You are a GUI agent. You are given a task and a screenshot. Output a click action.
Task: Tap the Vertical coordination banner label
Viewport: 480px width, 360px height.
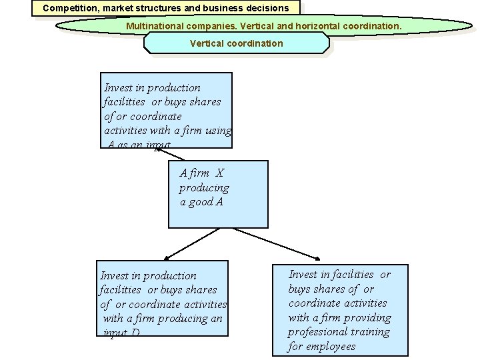tap(236, 43)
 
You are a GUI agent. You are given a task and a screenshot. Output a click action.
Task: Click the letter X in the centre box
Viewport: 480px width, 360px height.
tap(220, 173)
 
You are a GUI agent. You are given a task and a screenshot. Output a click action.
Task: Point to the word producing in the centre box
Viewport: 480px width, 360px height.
tap(203, 188)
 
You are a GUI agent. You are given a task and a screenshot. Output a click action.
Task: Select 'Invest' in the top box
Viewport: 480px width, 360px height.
tap(119, 88)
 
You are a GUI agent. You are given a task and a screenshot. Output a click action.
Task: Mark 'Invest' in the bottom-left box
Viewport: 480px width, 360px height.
tap(115, 276)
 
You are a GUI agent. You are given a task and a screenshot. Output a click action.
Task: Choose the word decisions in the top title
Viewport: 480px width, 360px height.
tap(267, 9)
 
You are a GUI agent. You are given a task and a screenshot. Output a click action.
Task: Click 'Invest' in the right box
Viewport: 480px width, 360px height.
tap(303, 275)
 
